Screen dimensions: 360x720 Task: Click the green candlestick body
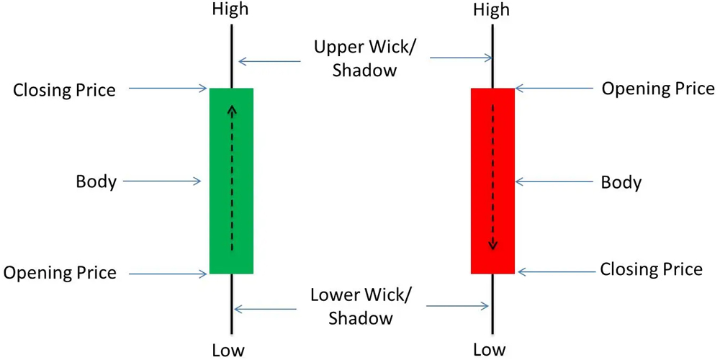[231, 180]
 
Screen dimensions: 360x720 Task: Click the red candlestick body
[492, 180]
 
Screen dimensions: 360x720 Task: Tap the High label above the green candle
[230, 9]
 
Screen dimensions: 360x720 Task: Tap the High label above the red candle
[492, 9]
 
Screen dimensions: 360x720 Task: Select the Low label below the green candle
[228, 351]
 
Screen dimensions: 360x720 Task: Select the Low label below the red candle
[490, 351]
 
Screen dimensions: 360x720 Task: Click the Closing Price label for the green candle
[65, 90]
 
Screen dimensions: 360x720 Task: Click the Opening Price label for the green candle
[60, 273]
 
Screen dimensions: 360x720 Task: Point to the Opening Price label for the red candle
[658, 89]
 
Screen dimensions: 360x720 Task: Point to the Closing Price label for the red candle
[651, 270]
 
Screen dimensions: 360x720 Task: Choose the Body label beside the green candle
[96, 181]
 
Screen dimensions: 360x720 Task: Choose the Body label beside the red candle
[621, 182]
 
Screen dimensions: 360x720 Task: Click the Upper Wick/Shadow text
[365, 59]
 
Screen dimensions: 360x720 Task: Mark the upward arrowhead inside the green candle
[231, 109]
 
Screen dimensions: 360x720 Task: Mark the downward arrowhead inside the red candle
[492, 245]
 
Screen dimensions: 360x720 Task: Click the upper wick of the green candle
[231, 58]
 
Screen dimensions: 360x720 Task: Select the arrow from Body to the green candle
[162, 181]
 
